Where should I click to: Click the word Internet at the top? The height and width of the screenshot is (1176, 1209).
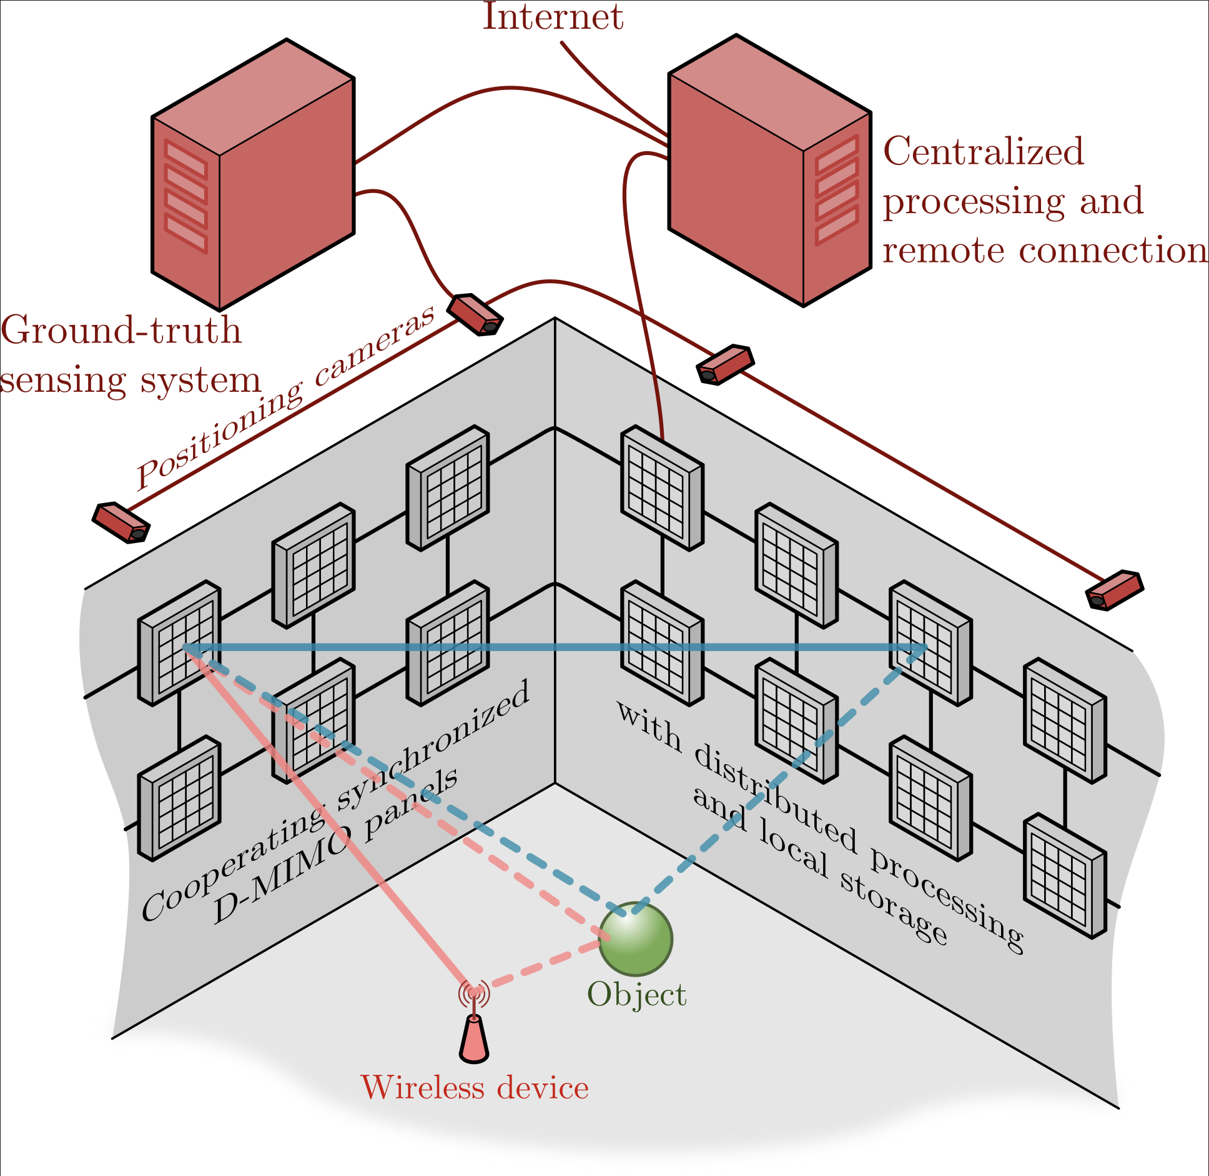(x=553, y=17)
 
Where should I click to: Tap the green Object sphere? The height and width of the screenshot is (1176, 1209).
(x=635, y=939)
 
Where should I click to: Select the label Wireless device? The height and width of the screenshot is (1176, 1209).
(x=475, y=1087)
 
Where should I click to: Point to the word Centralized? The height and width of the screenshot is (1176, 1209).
(x=984, y=152)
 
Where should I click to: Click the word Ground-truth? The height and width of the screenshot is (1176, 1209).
(x=121, y=330)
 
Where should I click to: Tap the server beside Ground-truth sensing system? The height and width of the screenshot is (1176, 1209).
(x=253, y=175)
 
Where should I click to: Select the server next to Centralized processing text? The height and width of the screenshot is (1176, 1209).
(x=769, y=170)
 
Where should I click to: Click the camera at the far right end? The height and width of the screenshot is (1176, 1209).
(x=1115, y=590)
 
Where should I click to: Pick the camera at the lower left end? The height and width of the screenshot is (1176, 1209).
(x=121, y=523)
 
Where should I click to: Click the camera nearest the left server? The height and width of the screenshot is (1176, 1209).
(x=475, y=315)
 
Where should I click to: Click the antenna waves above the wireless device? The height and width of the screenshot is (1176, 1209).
(x=474, y=992)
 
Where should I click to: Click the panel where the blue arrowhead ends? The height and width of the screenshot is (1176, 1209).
(x=930, y=644)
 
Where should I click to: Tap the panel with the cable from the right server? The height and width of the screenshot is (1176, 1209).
(x=662, y=488)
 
